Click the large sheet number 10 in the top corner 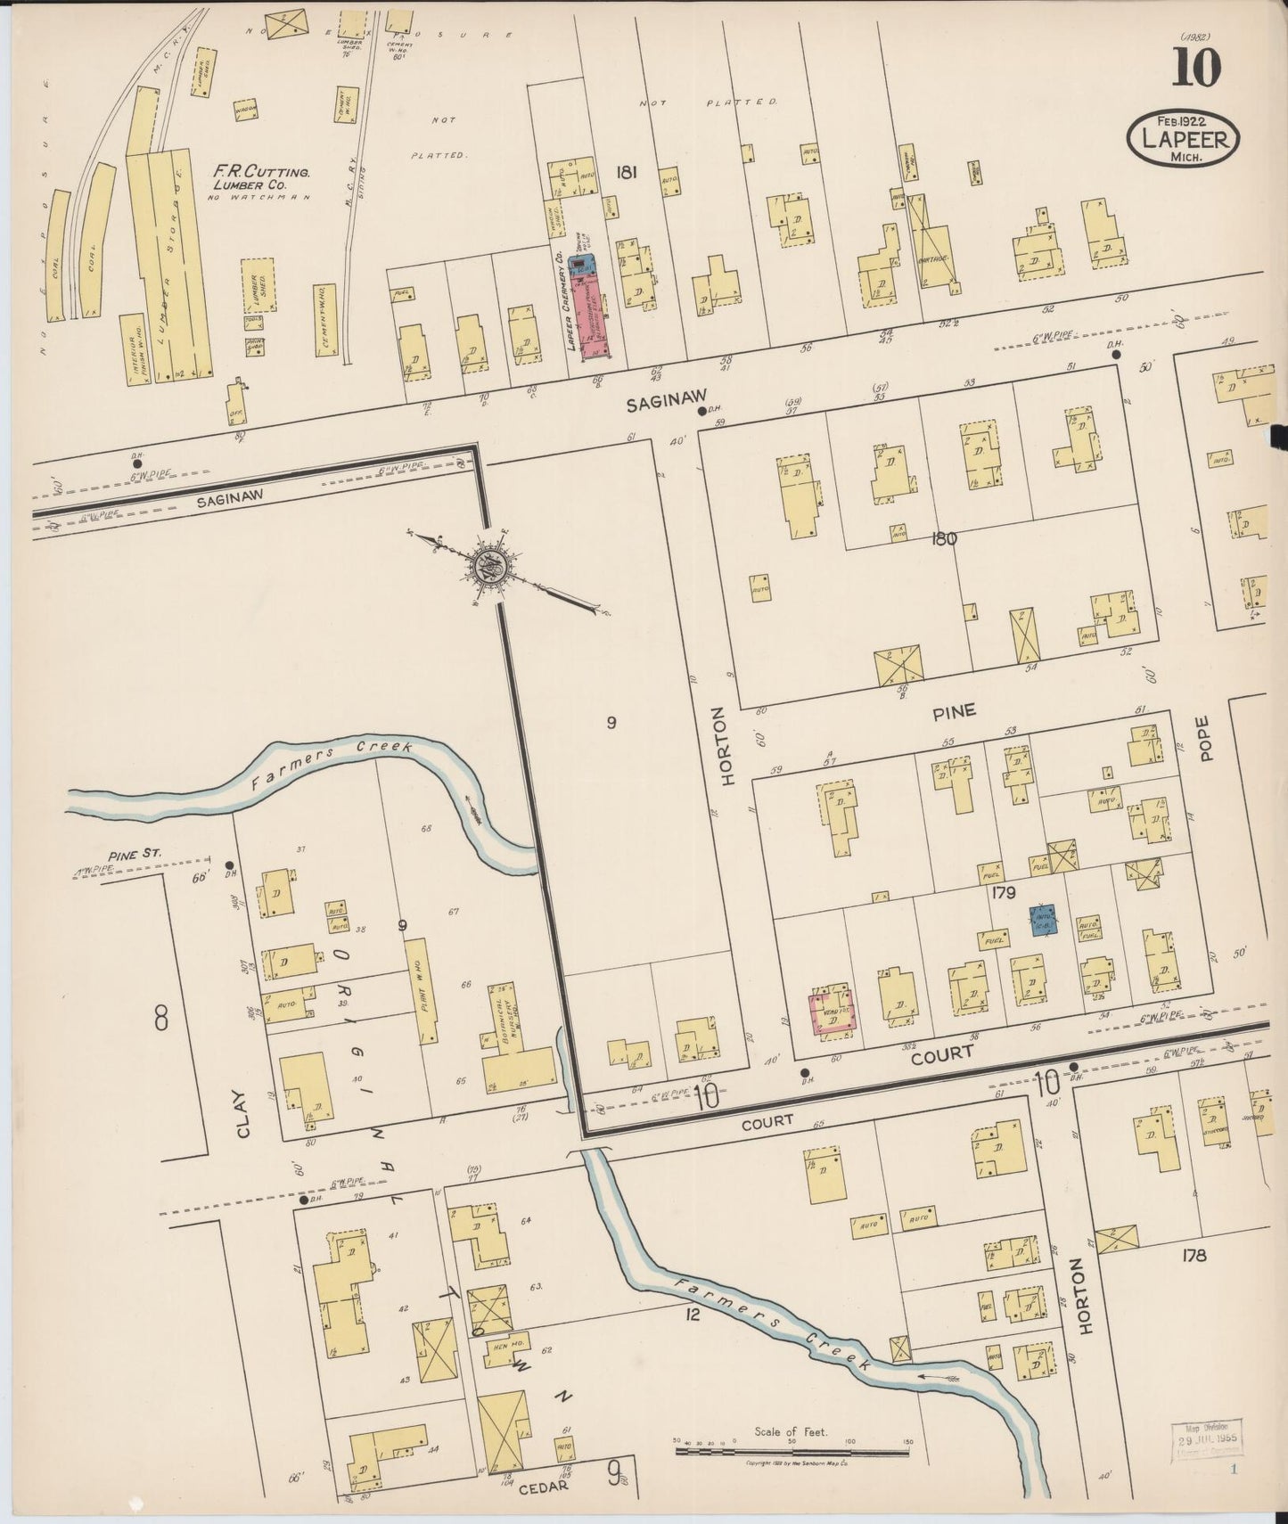(x=1195, y=68)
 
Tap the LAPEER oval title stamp (x=1184, y=139)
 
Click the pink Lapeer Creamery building (x=589, y=318)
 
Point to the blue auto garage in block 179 (x=1043, y=920)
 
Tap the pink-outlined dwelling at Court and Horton (x=832, y=1013)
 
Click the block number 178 (x=1194, y=1255)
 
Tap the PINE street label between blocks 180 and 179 (x=954, y=711)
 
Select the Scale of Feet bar (x=792, y=1451)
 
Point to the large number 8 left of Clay (x=161, y=1017)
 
